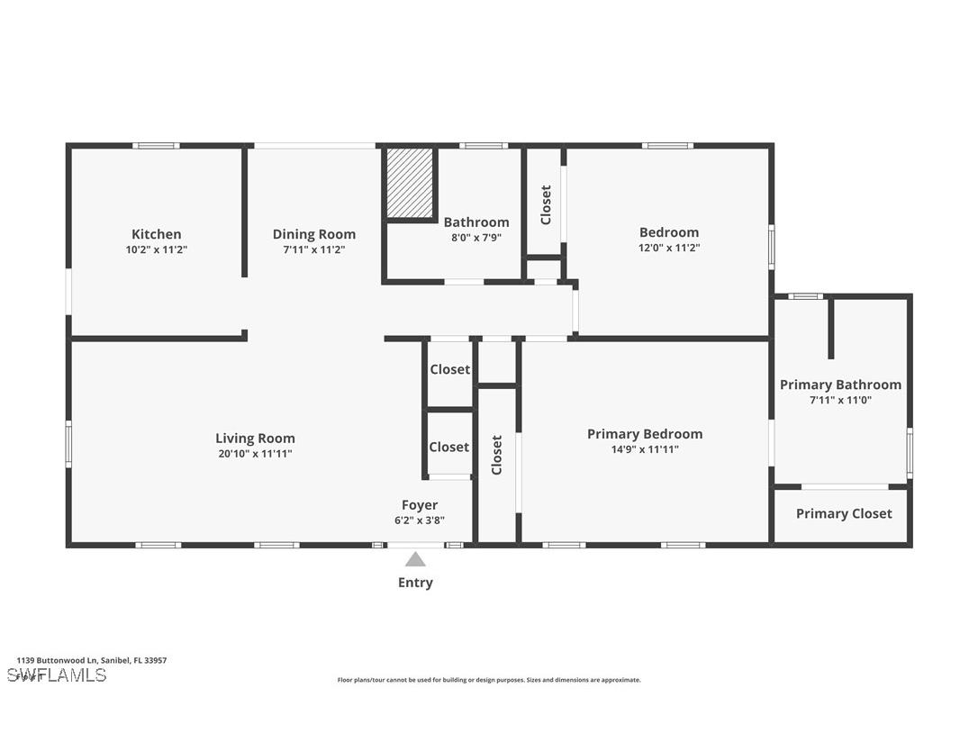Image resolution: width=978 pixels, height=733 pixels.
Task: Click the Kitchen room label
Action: (157, 234)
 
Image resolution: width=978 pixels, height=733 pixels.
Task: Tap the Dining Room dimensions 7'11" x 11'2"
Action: (314, 249)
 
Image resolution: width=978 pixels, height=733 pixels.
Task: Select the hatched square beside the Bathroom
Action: (411, 183)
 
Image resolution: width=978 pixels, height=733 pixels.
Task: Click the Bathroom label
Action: (476, 222)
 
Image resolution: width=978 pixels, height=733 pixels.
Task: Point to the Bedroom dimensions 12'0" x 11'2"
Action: (669, 247)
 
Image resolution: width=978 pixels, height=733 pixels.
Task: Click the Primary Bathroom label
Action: (840, 385)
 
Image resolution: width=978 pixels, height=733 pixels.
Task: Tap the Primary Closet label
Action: (844, 513)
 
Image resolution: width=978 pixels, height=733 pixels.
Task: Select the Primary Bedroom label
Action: (645, 434)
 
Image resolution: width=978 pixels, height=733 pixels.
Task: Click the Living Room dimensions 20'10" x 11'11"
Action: (255, 454)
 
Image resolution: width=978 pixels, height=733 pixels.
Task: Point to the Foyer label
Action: (420, 505)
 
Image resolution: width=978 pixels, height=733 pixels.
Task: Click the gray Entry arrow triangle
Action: (415, 559)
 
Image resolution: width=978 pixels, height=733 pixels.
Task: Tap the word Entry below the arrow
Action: (415, 583)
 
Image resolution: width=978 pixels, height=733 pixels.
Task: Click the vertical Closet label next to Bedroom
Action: (546, 205)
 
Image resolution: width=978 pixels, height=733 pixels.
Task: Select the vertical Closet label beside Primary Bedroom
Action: (497, 456)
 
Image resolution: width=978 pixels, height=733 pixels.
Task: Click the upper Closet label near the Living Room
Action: (449, 369)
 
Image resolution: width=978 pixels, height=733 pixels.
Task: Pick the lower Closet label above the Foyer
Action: (449, 447)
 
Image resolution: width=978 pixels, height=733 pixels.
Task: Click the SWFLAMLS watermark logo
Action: (57, 675)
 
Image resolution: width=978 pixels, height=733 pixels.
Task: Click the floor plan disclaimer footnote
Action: (489, 680)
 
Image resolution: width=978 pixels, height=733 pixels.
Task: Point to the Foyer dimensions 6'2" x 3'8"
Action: (420, 520)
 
